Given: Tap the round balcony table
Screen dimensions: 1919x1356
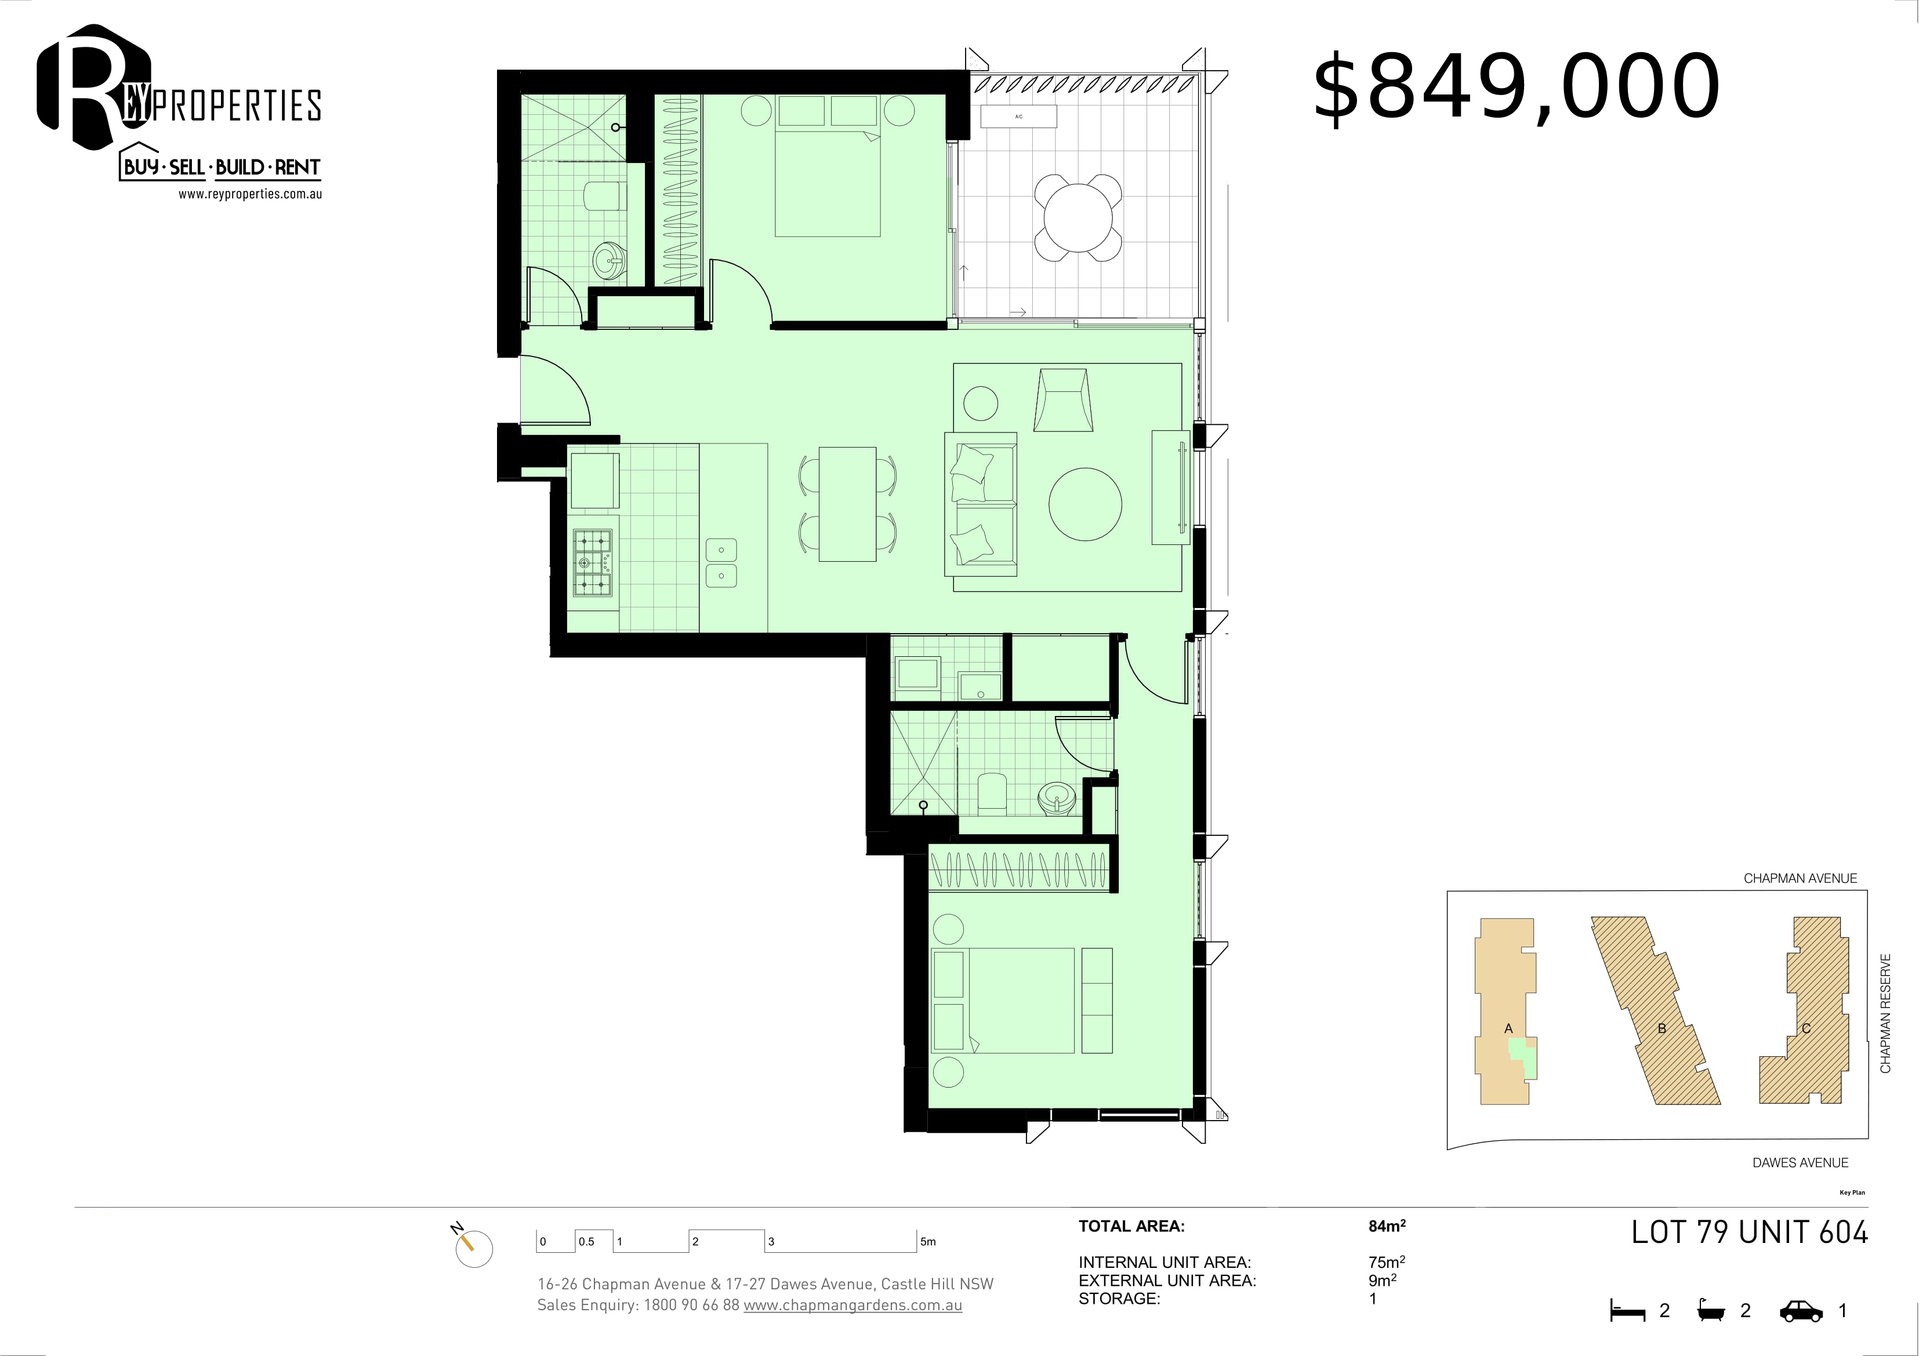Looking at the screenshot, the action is coord(1078,217).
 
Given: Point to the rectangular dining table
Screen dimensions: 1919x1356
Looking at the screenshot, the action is coord(847,504).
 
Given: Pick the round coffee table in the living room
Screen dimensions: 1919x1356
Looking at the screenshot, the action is coord(1086,504).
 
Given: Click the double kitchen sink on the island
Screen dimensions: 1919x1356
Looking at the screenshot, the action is coord(720,562).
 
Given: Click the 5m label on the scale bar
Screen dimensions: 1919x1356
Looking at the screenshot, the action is coord(928,1242).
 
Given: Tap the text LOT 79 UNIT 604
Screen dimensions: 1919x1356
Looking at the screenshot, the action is coord(1749,1233).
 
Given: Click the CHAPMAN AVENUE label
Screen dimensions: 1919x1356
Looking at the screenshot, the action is coord(1800,878).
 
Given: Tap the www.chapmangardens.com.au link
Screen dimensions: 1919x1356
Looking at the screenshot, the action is coord(853,1305).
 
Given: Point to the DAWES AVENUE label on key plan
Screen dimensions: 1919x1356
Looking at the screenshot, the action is coord(1800,1162).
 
